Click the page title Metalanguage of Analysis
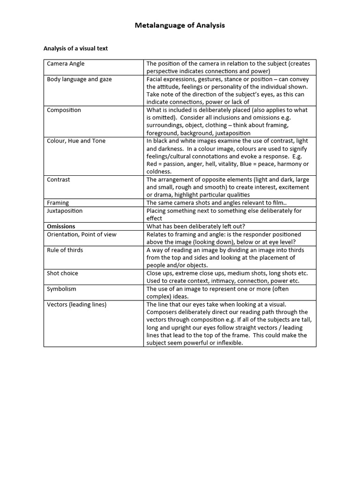pos(180,25)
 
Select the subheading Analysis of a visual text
pos(75,48)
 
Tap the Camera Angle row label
pos(66,64)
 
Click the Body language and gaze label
pos(79,79)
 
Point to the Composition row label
pos(64,110)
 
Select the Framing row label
pos(58,203)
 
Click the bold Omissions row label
pos(61,226)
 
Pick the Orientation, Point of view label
pos(82,234)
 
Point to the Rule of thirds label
pos(65,250)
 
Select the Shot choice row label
pos(62,273)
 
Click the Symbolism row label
pos(61,289)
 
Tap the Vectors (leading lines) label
pos(76,304)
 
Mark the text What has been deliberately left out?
pos(196,226)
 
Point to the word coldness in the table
pos(159,172)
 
